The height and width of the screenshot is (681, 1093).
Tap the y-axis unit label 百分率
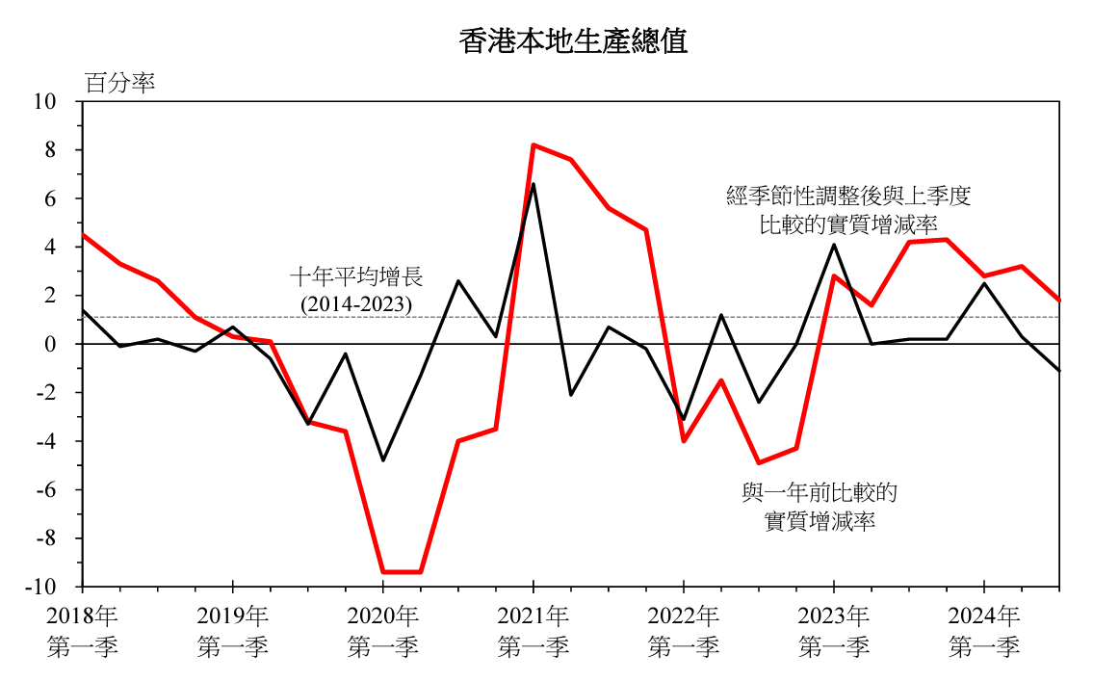click(x=120, y=83)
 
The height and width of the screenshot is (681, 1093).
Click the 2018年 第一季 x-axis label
click(x=83, y=630)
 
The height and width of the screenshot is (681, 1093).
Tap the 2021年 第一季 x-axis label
click(x=533, y=630)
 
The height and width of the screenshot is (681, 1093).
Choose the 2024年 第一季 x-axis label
click(x=983, y=630)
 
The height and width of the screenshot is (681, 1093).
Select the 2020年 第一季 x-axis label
click(x=383, y=630)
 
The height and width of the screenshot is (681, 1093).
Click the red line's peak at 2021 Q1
click(x=533, y=145)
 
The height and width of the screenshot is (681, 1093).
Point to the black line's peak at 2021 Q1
click(x=533, y=184)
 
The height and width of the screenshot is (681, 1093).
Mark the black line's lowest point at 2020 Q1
click(x=383, y=460)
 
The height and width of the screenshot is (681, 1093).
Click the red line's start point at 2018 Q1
click(x=84, y=235)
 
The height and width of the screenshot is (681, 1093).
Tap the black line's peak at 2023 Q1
click(x=834, y=245)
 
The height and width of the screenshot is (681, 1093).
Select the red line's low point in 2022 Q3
click(x=759, y=463)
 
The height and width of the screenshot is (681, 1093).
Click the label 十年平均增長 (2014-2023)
click(x=356, y=291)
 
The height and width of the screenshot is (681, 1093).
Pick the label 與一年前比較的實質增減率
click(x=820, y=508)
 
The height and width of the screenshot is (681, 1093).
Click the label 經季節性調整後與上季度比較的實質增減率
click(x=847, y=210)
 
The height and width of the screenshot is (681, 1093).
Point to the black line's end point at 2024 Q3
click(x=1058, y=371)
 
